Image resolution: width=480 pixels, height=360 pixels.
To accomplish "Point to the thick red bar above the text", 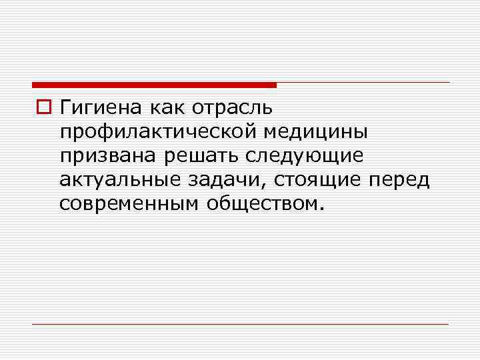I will click(x=153, y=85).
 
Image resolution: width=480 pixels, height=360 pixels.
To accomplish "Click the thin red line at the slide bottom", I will click(x=240, y=324).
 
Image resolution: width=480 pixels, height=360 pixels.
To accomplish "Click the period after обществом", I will click(x=324, y=208).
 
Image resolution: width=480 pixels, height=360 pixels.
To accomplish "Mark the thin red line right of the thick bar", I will click(x=363, y=83).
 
